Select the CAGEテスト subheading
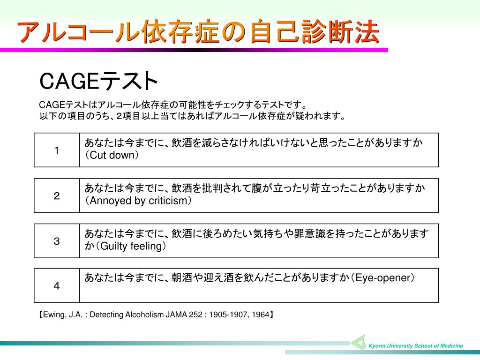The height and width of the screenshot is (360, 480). [98, 81]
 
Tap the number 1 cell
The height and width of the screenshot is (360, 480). [57, 150]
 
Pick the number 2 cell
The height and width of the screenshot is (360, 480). [57, 196]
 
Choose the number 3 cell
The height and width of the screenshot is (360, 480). [57, 241]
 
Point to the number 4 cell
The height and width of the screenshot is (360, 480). [57, 286]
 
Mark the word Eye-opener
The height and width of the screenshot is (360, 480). [383, 278]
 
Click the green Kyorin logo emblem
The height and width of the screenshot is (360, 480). [359, 342]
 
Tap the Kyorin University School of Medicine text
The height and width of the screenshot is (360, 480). [415, 346]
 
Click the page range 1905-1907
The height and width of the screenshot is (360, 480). [227, 315]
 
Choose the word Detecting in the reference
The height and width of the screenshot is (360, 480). [106, 315]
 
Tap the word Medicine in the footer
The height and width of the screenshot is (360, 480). [451, 346]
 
